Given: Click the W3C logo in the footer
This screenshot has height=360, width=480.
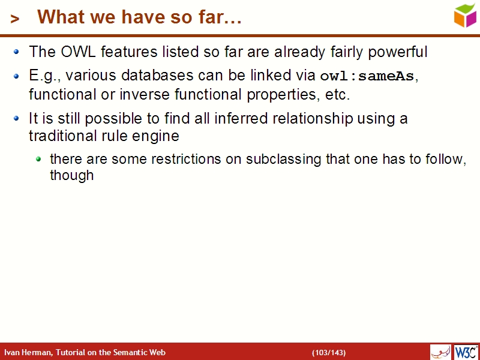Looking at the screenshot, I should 466,352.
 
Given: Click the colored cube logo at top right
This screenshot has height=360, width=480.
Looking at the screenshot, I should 465,15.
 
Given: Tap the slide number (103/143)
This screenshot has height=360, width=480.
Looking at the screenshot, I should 328,352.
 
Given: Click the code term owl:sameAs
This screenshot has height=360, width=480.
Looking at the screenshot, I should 368,76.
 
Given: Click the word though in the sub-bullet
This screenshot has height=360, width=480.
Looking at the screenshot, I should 71,176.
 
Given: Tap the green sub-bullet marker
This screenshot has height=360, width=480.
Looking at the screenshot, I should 39,159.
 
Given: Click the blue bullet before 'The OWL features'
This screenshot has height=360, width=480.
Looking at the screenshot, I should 17,52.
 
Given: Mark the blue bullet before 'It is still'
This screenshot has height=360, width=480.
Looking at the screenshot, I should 17,118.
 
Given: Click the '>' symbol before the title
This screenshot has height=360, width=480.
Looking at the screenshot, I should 15,19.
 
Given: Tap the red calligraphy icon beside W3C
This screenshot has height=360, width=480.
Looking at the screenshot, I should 440,352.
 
